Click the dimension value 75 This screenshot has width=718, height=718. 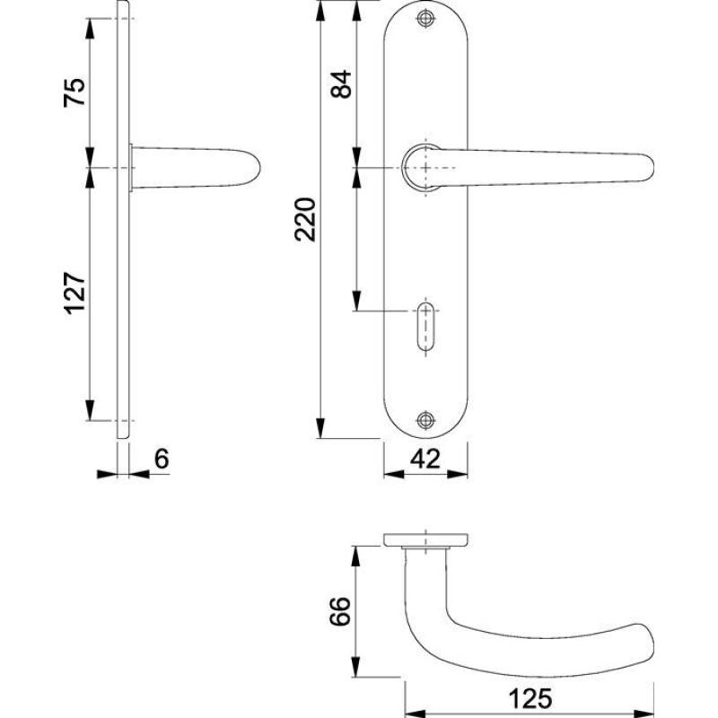point(74,92)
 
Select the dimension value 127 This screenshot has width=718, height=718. point(74,293)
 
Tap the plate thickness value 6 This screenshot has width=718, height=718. point(162,459)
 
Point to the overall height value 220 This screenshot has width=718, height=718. point(305,219)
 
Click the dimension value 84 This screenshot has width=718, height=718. point(341,84)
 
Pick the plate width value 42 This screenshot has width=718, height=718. point(425,459)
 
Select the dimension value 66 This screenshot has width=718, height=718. point(340,611)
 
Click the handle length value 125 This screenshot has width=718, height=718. point(530,699)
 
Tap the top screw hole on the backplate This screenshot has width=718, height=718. point(425,19)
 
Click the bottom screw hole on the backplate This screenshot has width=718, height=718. point(425,420)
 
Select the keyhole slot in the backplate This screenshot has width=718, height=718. point(425,327)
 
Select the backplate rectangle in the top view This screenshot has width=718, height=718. point(425,540)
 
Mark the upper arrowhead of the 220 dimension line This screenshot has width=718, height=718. point(321,11)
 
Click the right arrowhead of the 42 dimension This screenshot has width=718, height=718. point(458,475)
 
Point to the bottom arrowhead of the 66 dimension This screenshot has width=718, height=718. point(355,667)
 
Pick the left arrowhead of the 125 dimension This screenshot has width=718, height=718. point(416,714)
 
